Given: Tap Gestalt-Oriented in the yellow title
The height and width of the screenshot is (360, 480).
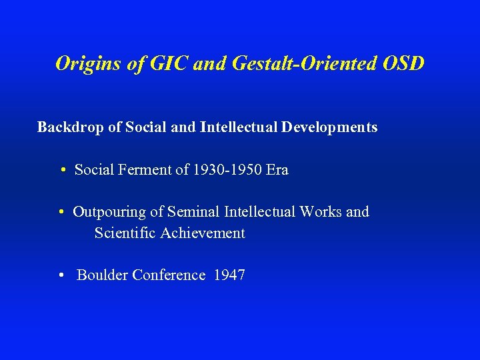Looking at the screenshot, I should (x=293, y=63).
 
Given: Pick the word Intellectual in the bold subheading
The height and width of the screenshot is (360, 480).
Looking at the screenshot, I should (x=239, y=127).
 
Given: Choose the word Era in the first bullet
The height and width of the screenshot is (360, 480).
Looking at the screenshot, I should (x=277, y=169).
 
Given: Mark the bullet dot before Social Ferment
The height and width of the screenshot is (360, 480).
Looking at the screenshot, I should (x=61, y=171).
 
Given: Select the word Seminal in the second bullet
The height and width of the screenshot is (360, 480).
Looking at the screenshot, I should (x=193, y=212).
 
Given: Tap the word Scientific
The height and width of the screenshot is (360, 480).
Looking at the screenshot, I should (x=125, y=233).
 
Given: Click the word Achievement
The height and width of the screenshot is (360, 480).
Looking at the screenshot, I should (x=203, y=233).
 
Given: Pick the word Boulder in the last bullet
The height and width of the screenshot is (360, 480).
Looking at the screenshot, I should (x=103, y=275).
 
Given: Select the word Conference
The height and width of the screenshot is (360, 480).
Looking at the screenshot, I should (x=169, y=275).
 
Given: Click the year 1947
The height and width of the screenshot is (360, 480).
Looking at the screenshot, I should (x=229, y=275).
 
